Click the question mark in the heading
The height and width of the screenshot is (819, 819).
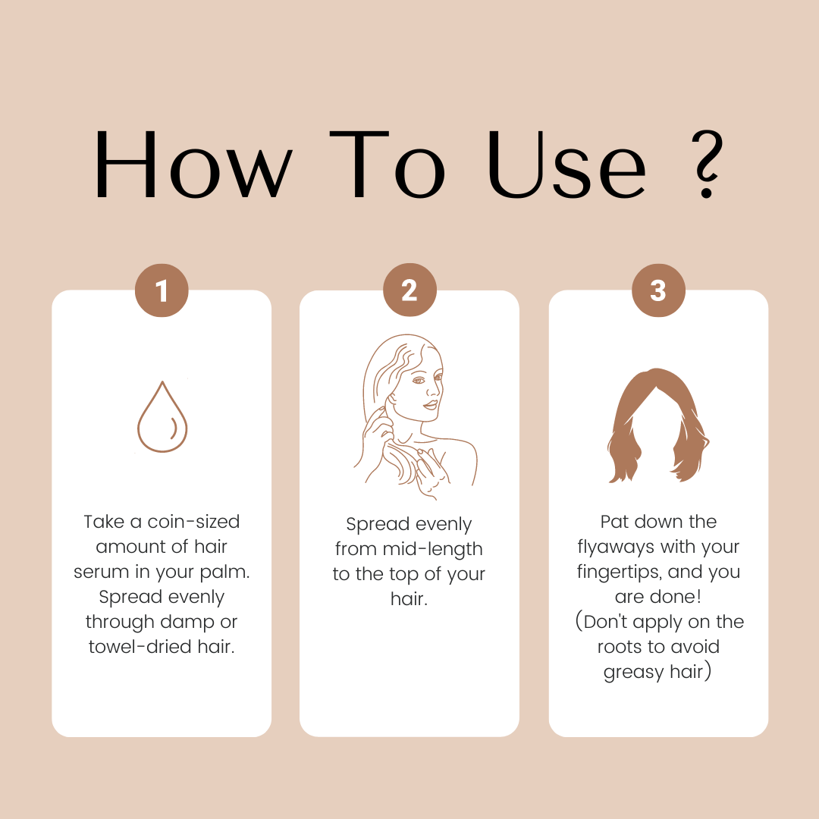pyautogui.click(x=708, y=164)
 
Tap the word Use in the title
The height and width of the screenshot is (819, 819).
pyautogui.click(x=566, y=165)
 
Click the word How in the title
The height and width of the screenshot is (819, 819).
pyautogui.click(x=193, y=165)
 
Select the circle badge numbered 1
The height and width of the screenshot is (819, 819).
pyautogui.click(x=162, y=290)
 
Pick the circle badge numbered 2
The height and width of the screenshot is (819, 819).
pyautogui.click(x=409, y=290)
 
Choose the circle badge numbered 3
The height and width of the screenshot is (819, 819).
pyautogui.click(x=658, y=290)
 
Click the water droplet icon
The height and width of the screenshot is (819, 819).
pyautogui.click(x=162, y=417)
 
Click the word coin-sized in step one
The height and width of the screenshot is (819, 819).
pyautogui.click(x=193, y=522)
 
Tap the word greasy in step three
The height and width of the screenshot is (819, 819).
pyautogui.click(x=633, y=673)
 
